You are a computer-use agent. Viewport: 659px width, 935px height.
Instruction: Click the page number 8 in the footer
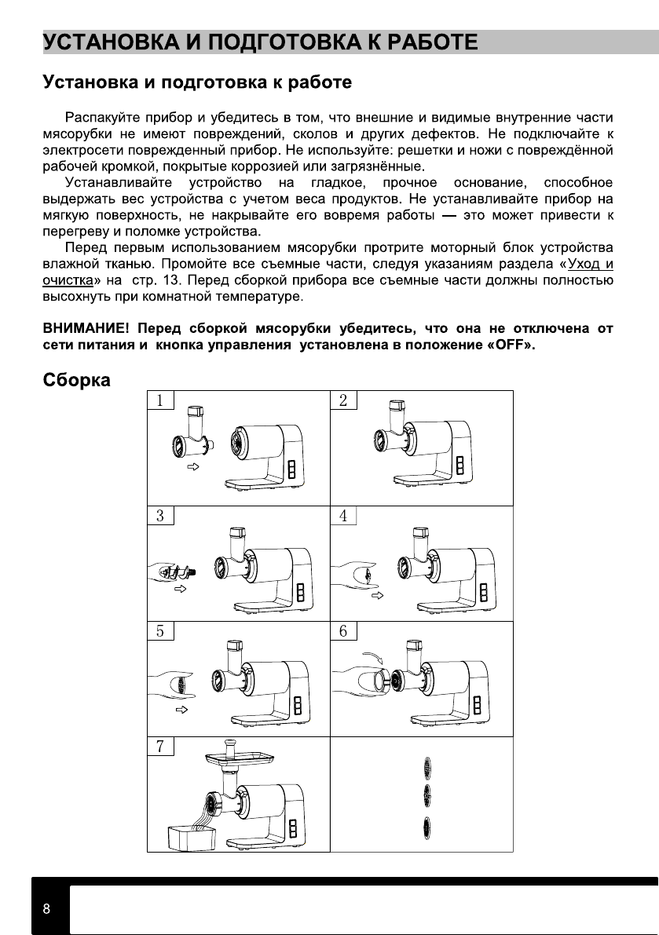47,909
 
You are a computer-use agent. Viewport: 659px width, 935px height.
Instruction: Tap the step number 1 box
160,400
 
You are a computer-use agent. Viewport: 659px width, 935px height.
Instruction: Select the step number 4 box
343,516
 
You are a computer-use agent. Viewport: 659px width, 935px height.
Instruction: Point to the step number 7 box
160,746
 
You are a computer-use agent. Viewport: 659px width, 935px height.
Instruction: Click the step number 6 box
343,631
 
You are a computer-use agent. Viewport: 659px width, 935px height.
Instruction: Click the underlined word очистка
68,279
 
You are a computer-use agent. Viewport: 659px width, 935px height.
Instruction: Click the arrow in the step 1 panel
192,466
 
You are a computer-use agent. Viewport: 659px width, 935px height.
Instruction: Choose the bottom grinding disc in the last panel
427,826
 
